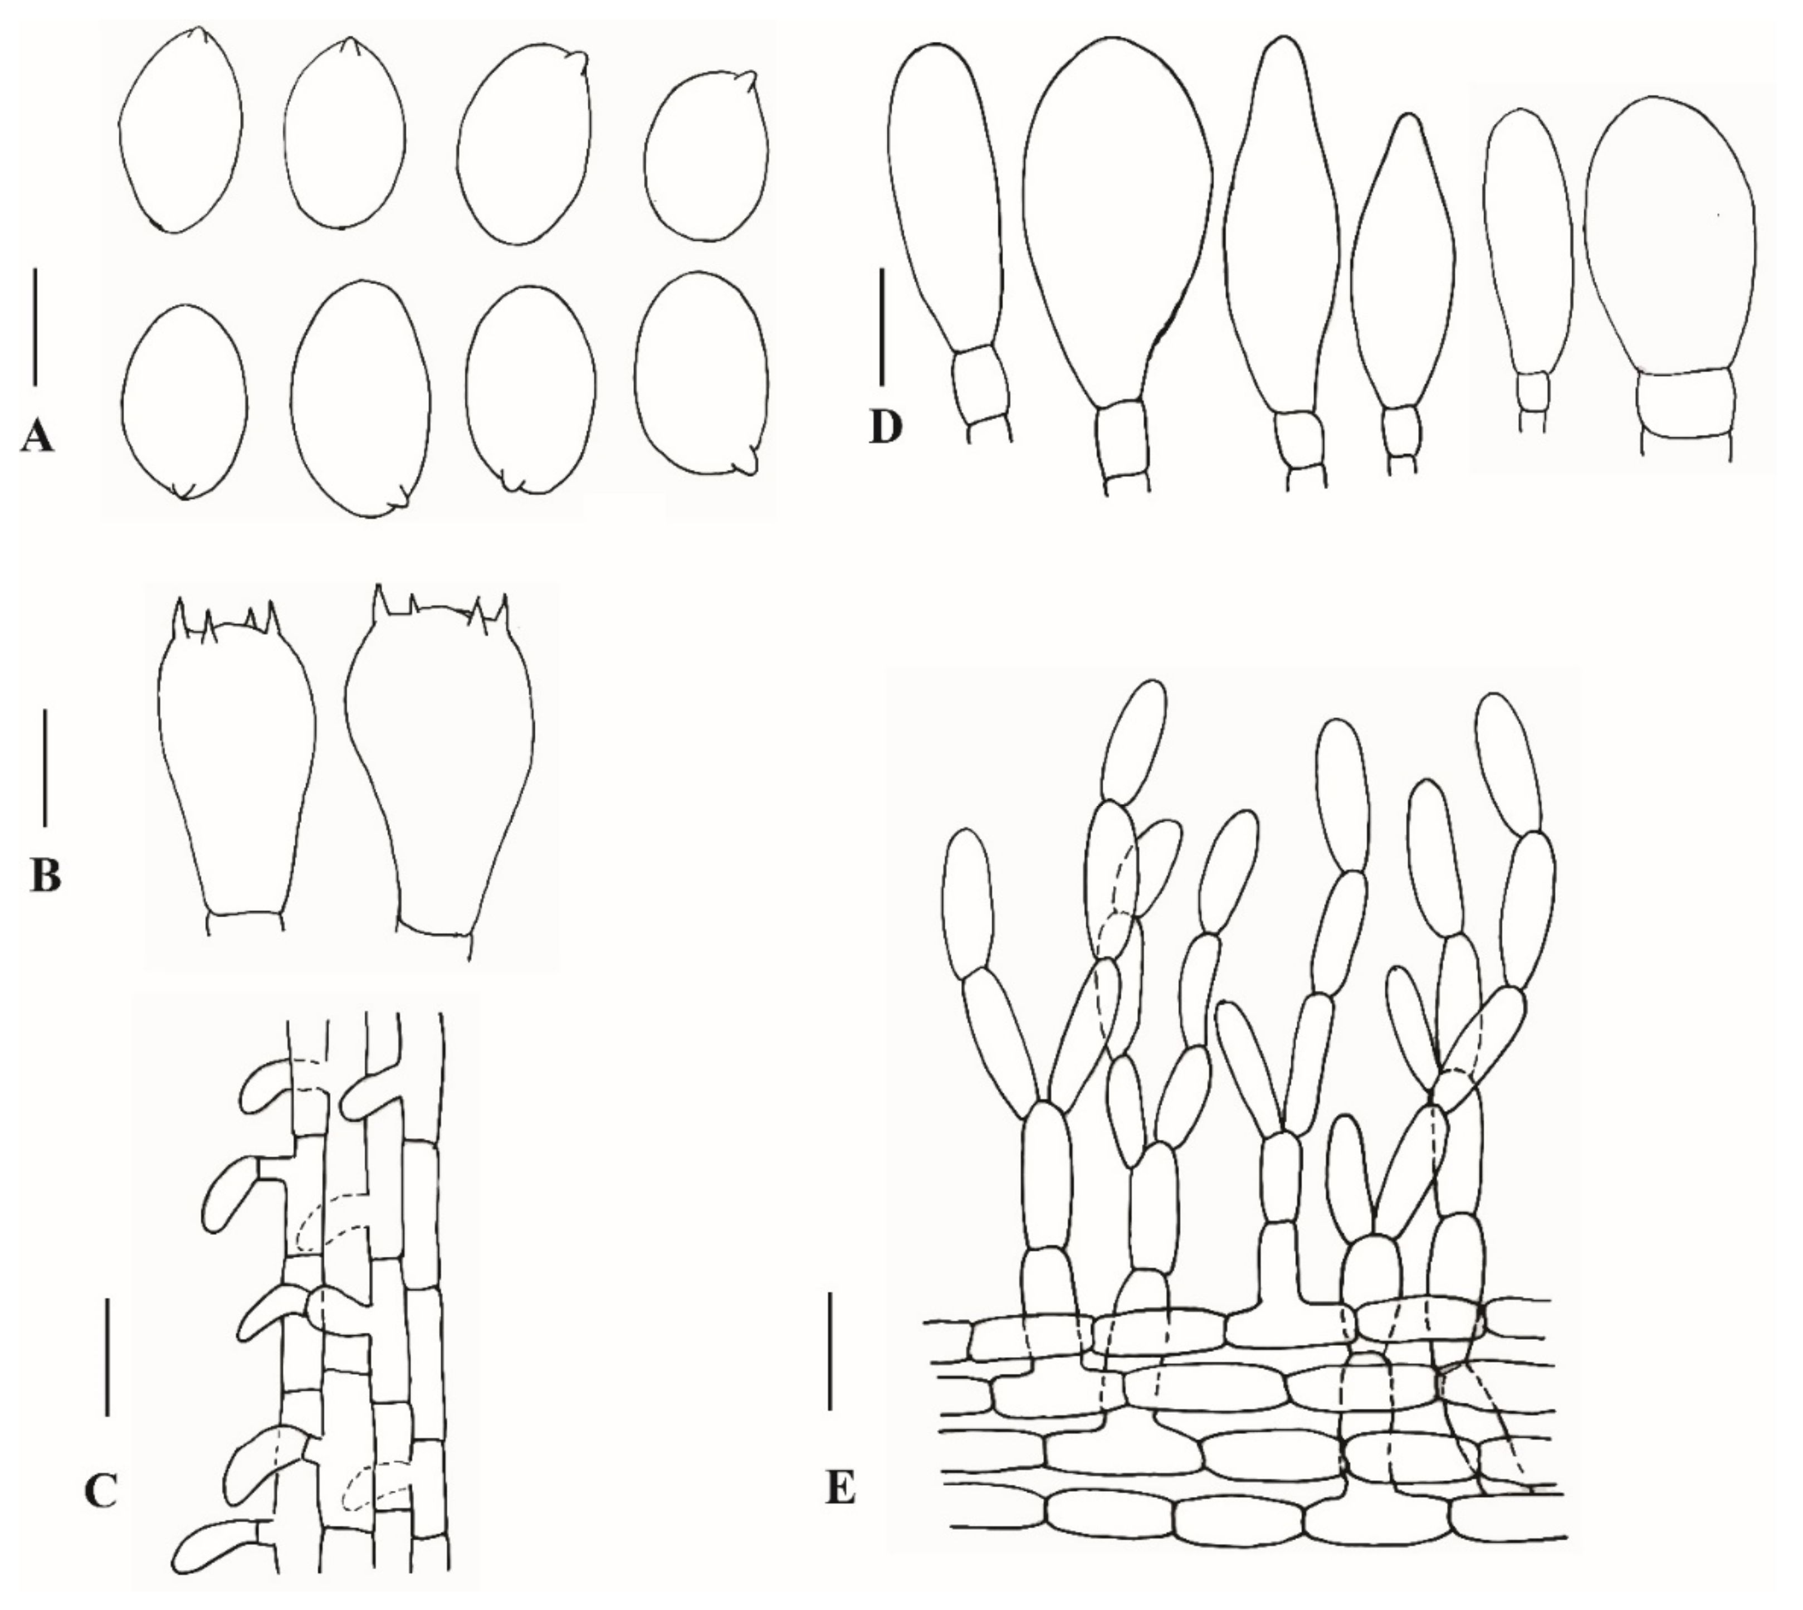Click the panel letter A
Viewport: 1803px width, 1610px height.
[36, 437]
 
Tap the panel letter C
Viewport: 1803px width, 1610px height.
[101, 1491]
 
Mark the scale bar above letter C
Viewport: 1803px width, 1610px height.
[107, 1356]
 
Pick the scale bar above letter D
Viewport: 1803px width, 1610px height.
[882, 328]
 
